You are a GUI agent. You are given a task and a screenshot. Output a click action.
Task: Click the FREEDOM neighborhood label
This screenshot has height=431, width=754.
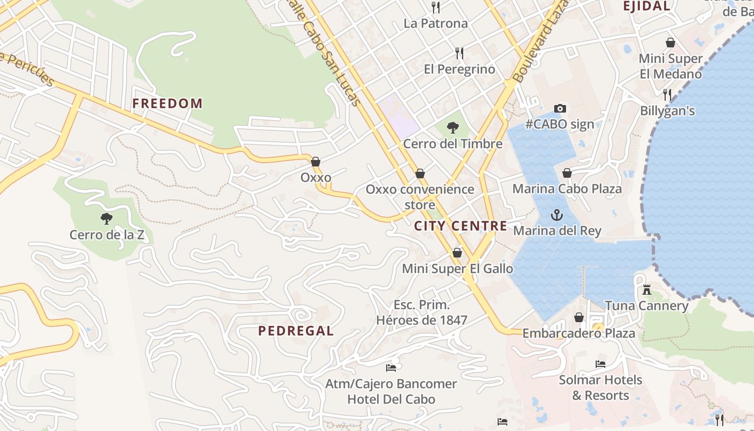coord(167,103)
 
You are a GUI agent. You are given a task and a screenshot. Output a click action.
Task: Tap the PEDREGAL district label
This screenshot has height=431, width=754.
coord(296,331)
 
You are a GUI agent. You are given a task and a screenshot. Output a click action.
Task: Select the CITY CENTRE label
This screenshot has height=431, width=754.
coord(460,226)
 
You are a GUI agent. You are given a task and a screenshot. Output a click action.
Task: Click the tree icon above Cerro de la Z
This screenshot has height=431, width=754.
coord(107,218)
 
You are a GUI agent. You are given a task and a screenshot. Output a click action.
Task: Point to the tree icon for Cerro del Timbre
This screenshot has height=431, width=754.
coord(453,128)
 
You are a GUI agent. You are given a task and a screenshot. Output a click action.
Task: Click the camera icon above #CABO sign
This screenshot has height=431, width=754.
coord(560,108)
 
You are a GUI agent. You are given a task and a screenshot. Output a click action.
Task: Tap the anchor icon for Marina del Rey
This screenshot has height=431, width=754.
coord(557,215)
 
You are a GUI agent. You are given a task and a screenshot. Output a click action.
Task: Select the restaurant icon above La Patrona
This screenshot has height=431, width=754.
coord(436,8)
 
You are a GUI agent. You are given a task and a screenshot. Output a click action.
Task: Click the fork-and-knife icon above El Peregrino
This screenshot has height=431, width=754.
coord(459,53)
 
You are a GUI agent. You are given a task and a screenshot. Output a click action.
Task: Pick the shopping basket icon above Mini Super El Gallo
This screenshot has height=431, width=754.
coord(457,253)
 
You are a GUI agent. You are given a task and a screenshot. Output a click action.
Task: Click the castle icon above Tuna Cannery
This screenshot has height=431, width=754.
coord(647,290)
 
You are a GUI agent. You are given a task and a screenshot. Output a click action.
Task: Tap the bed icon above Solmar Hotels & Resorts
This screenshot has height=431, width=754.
coord(601,364)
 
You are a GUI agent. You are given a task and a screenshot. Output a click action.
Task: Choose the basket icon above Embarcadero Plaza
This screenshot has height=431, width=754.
coord(579,318)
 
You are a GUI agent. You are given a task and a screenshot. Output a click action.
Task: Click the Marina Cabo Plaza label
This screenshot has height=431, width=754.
coord(567,189)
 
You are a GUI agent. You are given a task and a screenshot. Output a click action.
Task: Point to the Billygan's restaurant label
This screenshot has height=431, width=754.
coord(667,111)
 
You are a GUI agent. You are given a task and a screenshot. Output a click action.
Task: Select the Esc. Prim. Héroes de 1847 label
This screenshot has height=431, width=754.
coord(422,312)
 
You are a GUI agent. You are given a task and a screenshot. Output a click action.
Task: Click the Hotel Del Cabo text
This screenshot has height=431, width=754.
coord(391,399)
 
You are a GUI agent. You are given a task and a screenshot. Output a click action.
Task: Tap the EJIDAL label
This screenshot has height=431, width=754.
coord(646,6)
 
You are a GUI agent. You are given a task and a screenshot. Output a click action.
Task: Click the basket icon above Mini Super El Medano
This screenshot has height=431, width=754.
coord(671,43)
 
